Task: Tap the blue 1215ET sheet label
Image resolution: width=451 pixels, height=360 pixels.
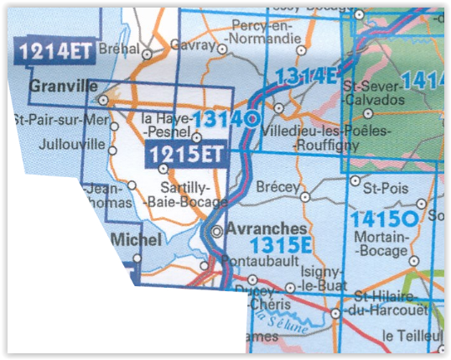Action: click(x=185, y=154)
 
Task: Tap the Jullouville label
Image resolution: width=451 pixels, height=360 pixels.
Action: click(x=70, y=143)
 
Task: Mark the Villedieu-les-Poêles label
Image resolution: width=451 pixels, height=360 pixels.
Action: click(x=314, y=132)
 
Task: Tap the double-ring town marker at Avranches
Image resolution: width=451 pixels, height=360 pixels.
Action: click(x=216, y=230)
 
